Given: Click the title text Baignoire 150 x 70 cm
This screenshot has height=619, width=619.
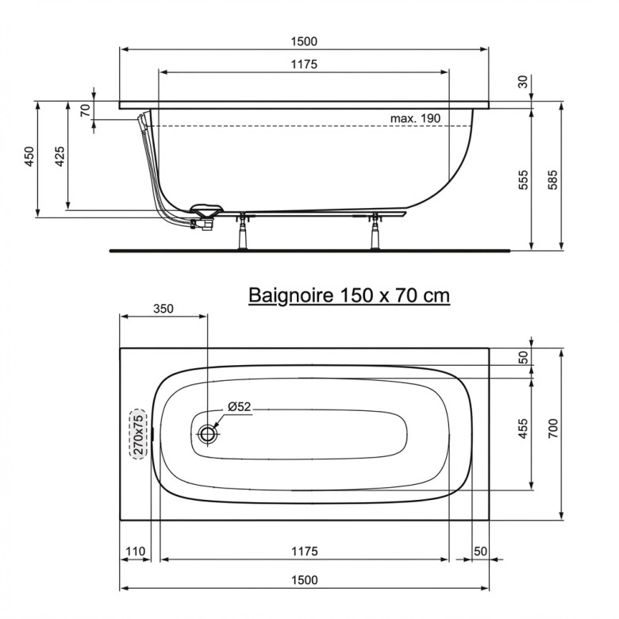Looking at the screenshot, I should coord(349,296).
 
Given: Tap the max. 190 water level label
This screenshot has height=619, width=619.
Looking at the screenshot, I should coord(415,118).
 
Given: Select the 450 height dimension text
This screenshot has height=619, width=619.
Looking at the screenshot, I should coord(29,158).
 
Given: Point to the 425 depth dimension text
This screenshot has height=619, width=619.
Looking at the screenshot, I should coord(59,158).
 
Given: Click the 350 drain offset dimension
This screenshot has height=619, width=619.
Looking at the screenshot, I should coord(162,308).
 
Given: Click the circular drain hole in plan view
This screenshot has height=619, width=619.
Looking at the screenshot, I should coord(208,434).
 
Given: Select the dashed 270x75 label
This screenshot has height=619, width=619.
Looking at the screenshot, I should coord(138,434).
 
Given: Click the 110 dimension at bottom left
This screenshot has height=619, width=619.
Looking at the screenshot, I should coord(134,551).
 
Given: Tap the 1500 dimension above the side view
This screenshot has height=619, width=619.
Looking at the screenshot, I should coord(305,41).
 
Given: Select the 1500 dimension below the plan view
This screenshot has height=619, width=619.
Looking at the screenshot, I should coord(305,580).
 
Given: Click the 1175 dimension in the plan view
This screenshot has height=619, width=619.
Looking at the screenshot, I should coord(305,551).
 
